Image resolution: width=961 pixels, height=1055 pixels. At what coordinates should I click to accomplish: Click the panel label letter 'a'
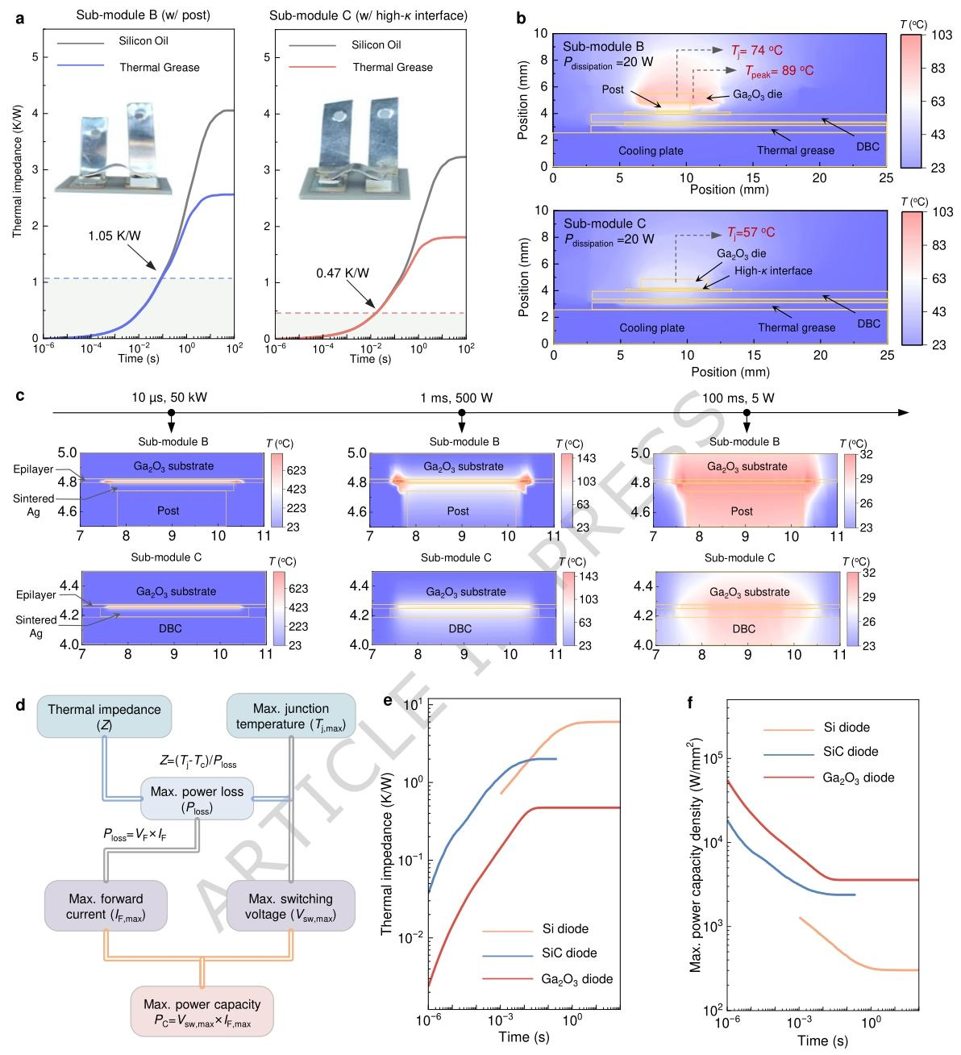(19, 15)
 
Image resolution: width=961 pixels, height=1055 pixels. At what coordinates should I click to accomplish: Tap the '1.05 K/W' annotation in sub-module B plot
(115, 237)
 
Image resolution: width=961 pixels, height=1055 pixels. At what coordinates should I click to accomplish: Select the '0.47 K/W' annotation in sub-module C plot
(343, 273)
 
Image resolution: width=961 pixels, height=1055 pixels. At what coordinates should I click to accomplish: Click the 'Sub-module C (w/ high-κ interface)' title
(368, 15)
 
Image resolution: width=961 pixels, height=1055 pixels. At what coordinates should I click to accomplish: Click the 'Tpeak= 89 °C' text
(779, 71)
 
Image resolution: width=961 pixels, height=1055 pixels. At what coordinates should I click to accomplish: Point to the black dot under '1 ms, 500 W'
(462, 413)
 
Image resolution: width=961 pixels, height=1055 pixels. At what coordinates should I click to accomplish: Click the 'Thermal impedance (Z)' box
(104, 716)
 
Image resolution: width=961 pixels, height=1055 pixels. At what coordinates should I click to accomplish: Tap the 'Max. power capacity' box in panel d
(202, 1011)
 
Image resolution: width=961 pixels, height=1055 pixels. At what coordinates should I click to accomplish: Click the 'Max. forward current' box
(106, 907)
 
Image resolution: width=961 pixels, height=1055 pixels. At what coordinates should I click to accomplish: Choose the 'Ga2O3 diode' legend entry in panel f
(859, 778)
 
